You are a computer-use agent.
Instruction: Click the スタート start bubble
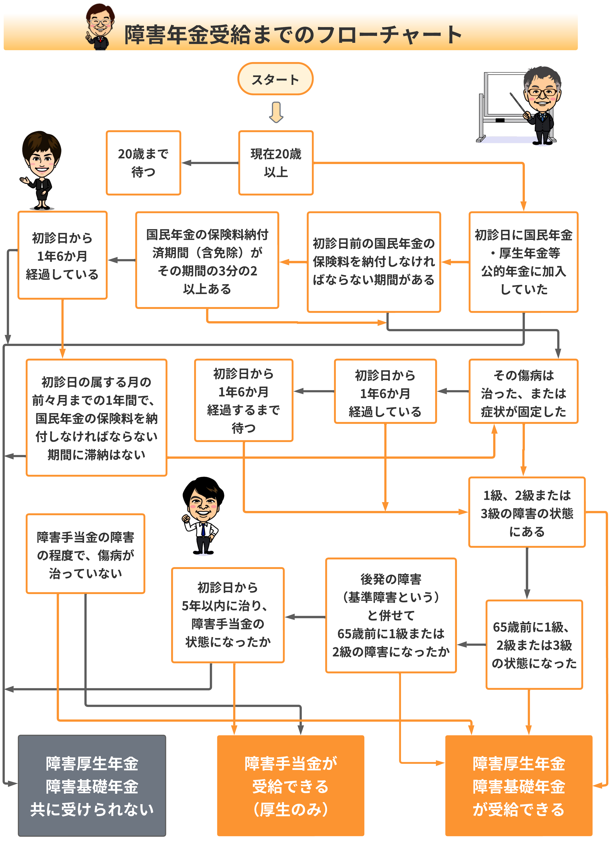coord(275,79)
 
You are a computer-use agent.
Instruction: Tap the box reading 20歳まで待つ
coord(143,163)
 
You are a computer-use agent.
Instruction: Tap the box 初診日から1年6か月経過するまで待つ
coord(243,401)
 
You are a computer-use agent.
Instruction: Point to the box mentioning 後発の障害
coord(391,615)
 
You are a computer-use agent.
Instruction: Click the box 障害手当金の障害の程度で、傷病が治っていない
coord(85,554)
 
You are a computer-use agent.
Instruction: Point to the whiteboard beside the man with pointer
coord(504,94)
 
